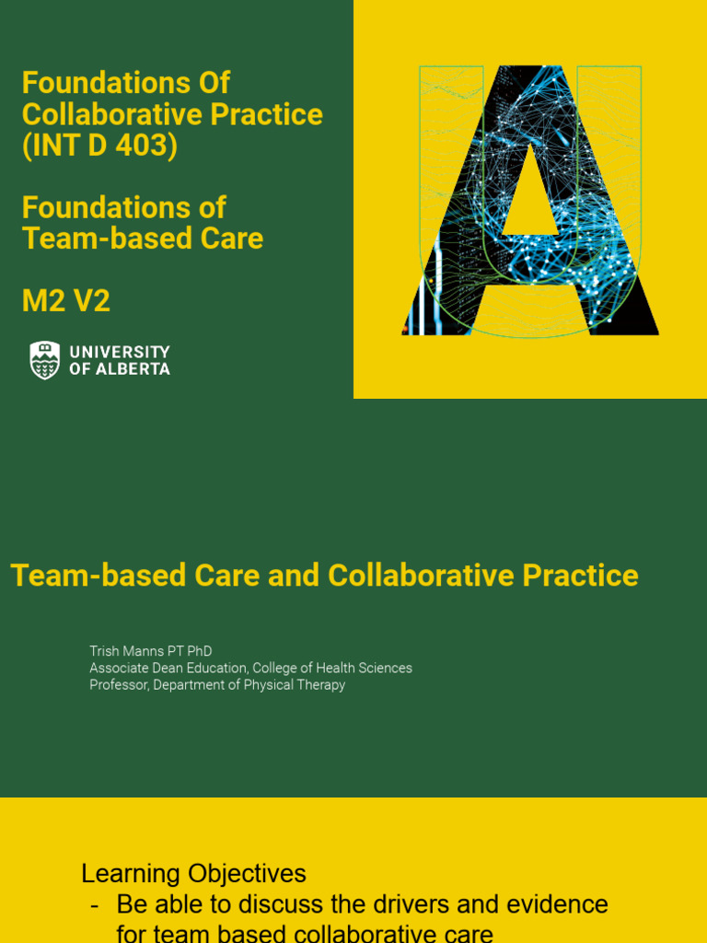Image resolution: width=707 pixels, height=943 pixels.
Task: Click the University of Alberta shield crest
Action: [44, 360]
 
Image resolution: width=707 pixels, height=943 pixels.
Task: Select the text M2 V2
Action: [66, 301]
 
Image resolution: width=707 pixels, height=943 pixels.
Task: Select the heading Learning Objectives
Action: [193, 873]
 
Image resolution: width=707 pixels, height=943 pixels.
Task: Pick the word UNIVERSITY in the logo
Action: [120, 352]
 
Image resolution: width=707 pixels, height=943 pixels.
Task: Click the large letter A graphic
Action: [529, 201]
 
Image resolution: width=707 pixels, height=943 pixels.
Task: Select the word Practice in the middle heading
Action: [580, 576]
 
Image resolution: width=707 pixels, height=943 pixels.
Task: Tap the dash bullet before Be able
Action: [95, 904]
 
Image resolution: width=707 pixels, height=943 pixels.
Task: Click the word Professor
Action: [119, 685]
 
